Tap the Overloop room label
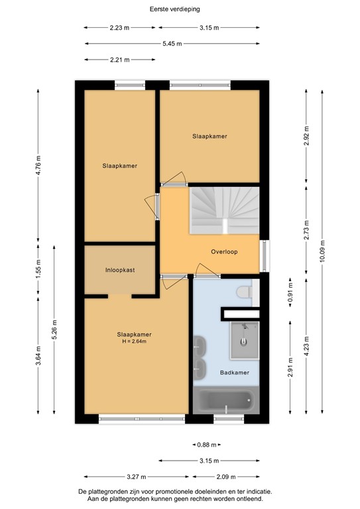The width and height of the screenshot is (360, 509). (224, 252)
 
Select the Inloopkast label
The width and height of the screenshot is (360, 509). (119, 270)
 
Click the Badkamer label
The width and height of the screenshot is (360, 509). (235, 373)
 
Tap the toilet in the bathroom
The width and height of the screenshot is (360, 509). (245, 291)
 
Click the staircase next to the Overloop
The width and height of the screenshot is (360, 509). (224, 209)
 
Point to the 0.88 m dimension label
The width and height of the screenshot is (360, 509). (208, 445)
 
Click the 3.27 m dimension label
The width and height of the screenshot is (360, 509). (137, 477)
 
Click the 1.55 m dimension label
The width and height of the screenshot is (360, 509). (38, 270)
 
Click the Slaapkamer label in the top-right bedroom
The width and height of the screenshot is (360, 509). (210, 137)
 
